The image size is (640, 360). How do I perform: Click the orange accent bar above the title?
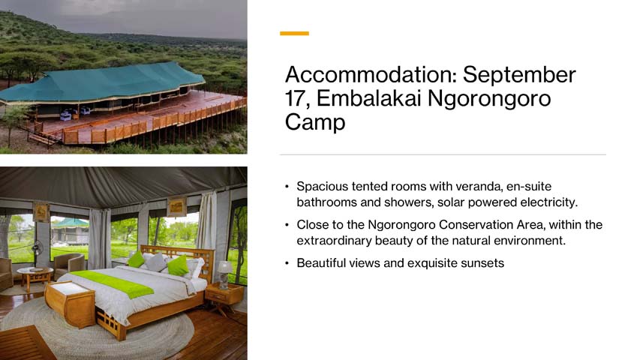pos(294,34)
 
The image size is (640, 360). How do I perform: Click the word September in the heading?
pos(519,75)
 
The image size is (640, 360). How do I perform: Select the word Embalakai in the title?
pos(369,98)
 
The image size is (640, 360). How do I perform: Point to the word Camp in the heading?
pos(315,122)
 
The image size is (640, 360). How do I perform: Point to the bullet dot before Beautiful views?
pos(287,263)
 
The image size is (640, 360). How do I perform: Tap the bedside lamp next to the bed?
pos(224,274)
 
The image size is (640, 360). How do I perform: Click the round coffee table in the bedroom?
pos(35,277)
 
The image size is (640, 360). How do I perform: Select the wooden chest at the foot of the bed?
pos(70,304)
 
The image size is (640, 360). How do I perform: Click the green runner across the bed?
pos(113,283)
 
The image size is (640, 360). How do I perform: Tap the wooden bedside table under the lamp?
pos(224,297)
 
